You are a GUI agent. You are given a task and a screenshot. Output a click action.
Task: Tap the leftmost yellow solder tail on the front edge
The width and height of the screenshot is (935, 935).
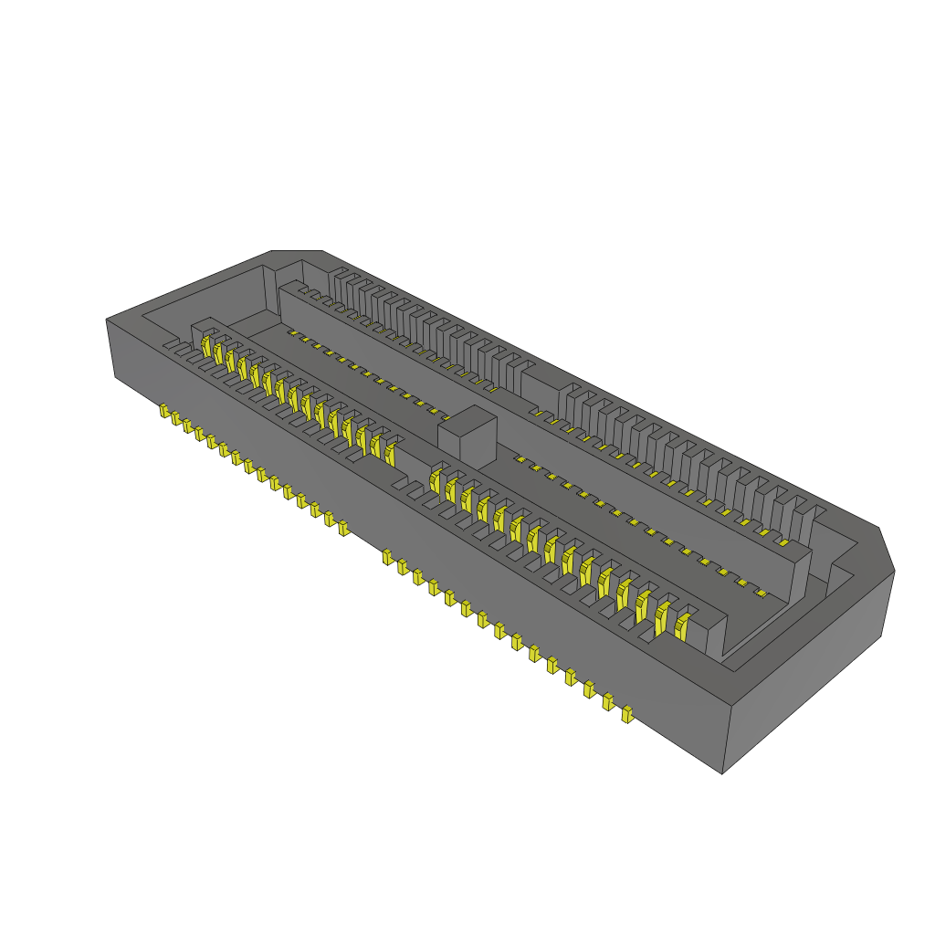[x=164, y=412]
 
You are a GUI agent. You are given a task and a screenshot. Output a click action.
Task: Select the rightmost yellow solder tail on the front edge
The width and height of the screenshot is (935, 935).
[x=626, y=714]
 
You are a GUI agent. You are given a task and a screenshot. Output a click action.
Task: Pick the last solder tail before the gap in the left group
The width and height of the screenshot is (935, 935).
[x=343, y=528]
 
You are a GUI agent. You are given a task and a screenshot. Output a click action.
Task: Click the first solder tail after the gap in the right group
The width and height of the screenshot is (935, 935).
[x=387, y=557]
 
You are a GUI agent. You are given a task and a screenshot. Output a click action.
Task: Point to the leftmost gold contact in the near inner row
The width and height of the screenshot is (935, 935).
[x=207, y=346]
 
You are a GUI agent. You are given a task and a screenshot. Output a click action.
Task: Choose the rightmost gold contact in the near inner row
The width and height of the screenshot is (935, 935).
[x=681, y=626]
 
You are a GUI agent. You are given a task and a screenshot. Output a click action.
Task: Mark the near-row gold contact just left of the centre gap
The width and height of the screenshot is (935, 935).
[x=391, y=454]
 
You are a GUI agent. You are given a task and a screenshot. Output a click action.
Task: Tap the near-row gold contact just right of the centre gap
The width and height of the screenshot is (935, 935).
[x=436, y=480]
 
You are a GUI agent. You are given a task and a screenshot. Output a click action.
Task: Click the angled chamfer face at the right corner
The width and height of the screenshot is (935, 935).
[x=887, y=549]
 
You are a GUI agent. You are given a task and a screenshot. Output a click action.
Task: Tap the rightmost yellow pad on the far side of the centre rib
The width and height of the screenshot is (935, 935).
[x=761, y=593]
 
